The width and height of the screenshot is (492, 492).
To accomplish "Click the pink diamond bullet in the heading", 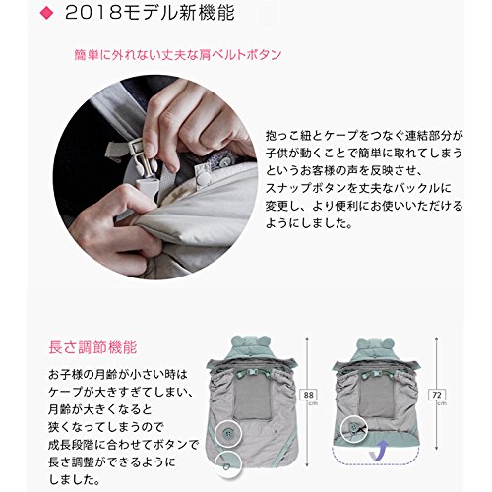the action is [46, 13].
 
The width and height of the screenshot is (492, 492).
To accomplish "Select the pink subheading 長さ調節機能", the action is [92, 347].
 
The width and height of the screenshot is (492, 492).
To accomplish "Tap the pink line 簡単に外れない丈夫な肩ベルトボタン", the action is [178, 55].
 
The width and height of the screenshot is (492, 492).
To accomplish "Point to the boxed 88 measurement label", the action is [309, 395].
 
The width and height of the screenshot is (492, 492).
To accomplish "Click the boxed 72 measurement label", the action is [437, 395].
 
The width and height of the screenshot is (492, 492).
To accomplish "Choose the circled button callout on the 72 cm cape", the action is [354, 428].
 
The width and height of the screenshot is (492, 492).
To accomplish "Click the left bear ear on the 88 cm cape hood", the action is [237, 341].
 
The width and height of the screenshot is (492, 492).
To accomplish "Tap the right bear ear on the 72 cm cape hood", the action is [388, 343].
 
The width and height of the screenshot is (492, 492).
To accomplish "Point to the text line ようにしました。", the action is [309, 223].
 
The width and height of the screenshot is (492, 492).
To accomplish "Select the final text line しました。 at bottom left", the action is [74, 480].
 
